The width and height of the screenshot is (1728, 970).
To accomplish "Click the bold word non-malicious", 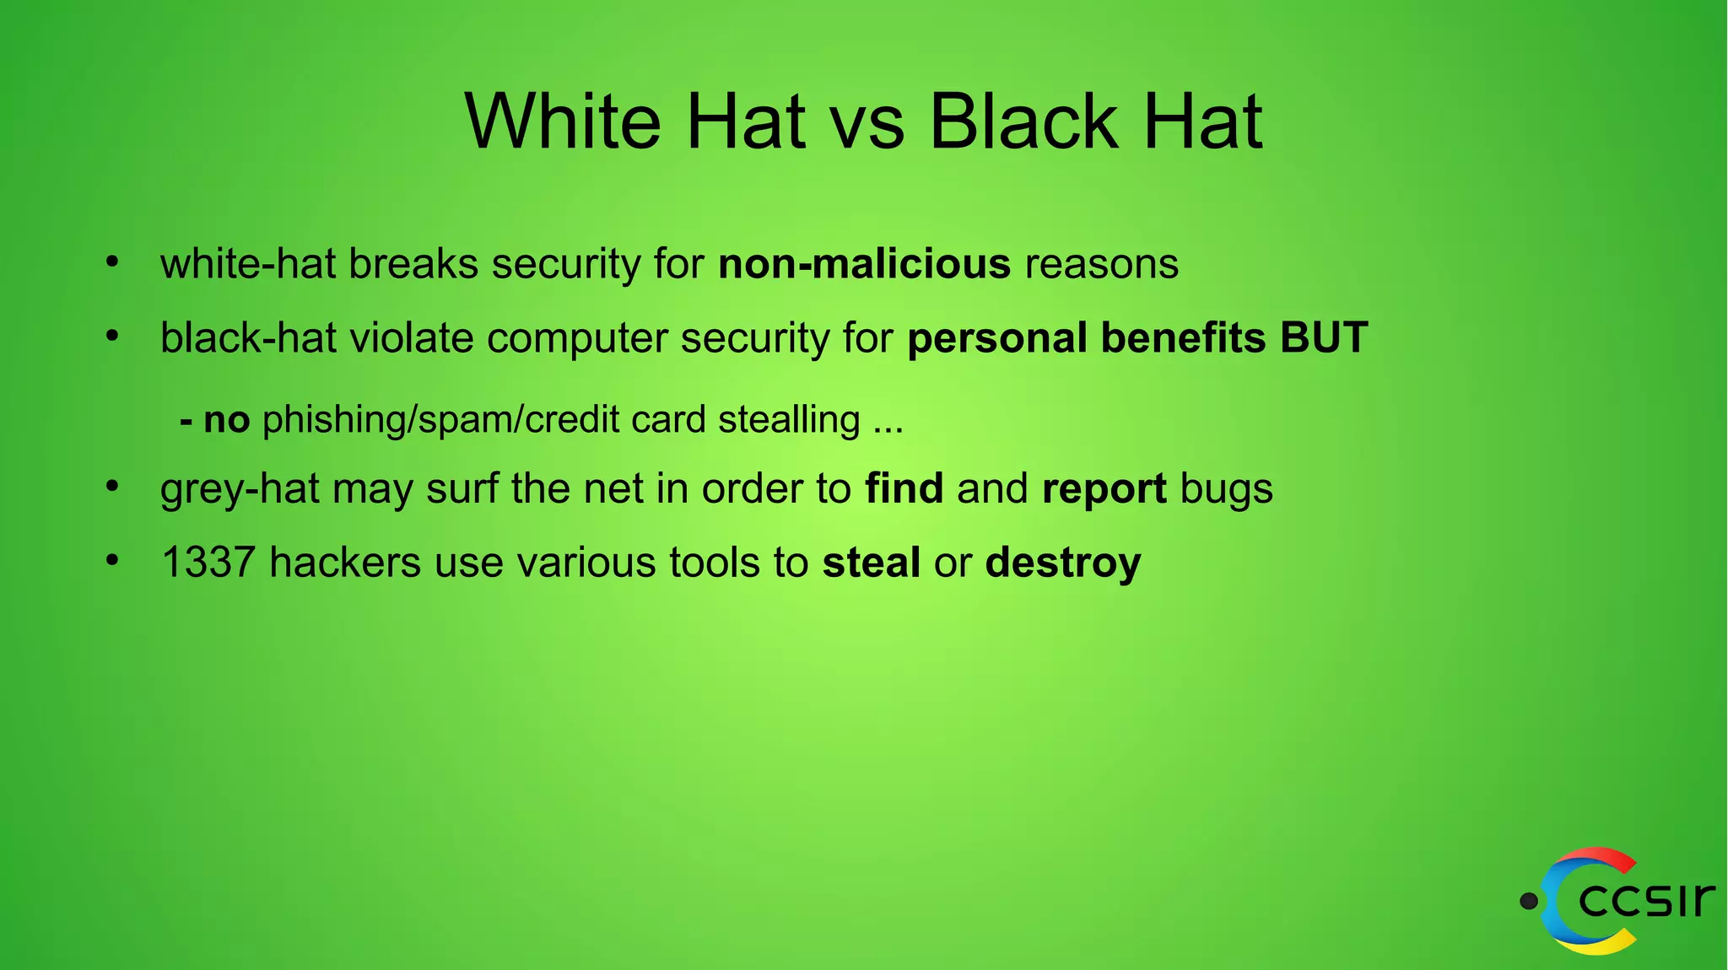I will point(864,264).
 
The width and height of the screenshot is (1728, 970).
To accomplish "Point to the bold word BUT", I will point(1323,337).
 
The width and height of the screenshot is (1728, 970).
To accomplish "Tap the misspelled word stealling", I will point(789,420).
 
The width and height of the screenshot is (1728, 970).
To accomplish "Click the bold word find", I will point(904,488).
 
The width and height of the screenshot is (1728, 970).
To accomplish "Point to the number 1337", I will point(208,563).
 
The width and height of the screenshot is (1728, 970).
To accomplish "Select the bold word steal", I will point(871,563).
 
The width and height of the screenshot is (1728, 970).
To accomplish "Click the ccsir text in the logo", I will point(1646,900).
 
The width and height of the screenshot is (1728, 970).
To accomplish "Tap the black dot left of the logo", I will point(1528,902).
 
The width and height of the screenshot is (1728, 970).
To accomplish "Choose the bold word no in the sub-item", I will point(226,420).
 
